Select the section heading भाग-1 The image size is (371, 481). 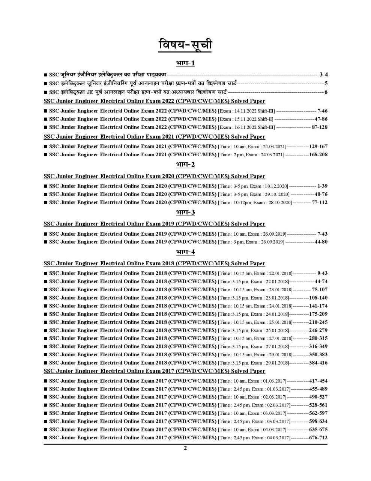pyautogui.click(x=185, y=63)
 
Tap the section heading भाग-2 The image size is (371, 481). pyautogui.click(x=185, y=165)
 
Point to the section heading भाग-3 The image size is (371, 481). pyautogui.click(x=185, y=212)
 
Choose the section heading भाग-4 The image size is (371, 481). pyautogui.click(x=185, y=252)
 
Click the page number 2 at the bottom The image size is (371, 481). pyautogui.click(x=185, y=448)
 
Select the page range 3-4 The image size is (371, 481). pyautogui.click(x=323, y=75)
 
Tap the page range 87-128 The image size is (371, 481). pyautogui.click(x=320, y=127)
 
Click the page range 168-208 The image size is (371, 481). pyautogui.click(x=318, y=154)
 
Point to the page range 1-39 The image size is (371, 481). pyautogui.click(x=322, y=186)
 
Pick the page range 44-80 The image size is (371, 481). pyautogui.click(x=321, y=242)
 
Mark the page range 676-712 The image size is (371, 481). pyautogui.click(x=318, y=437)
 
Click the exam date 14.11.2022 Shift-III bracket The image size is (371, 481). pyautogui.click(x=246, y=111)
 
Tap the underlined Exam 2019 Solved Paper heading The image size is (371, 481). pyautogui.click(x=154, y=224)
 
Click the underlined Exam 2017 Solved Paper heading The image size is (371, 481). pyautogui.click(x=154, y=371)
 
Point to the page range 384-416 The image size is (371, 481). pyautogui.click(x=318, y=363)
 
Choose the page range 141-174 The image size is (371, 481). pyautogui.click(x=318, y=306)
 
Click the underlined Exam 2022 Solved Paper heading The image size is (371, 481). pyautogui.click(x=154, y=101)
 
